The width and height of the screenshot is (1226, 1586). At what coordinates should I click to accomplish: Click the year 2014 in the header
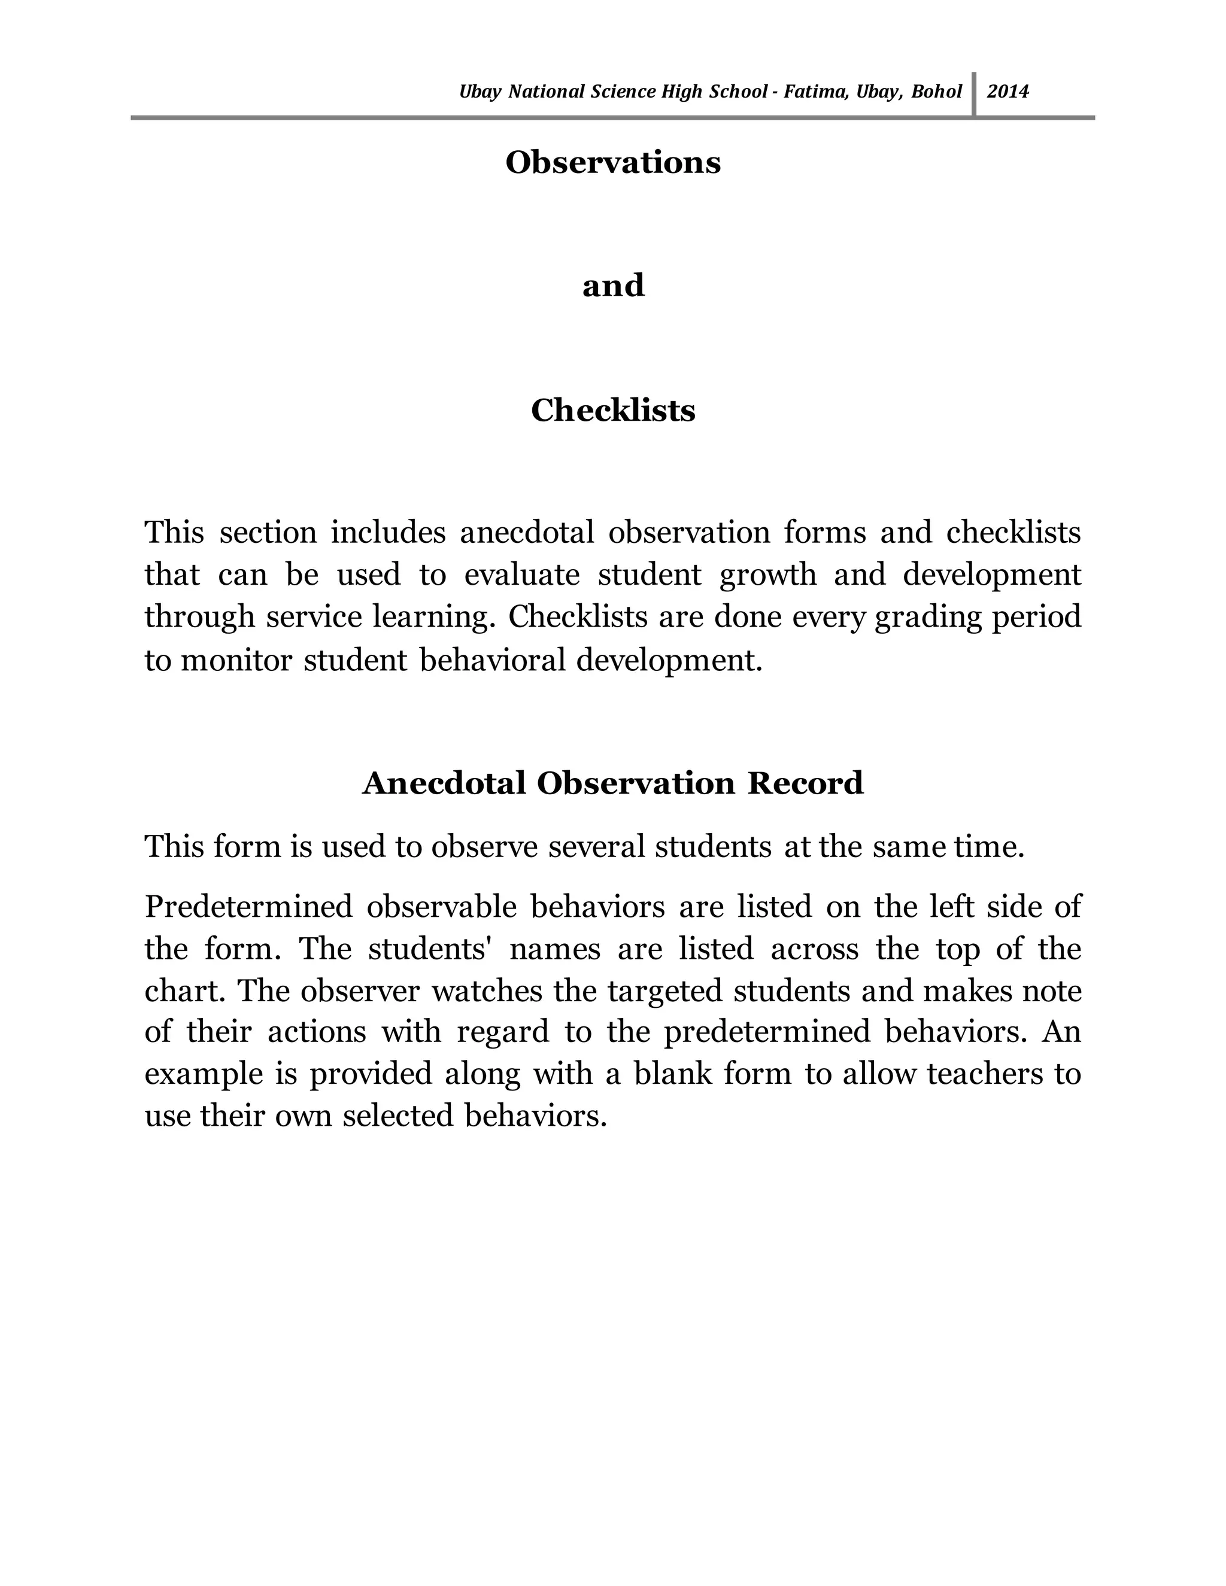coord(1007,92)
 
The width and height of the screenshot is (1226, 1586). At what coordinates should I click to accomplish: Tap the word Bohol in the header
coord(936,92)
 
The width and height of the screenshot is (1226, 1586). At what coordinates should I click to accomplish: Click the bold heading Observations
coord(613,162)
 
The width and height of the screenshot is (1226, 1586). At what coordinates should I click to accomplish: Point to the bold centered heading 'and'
coord(613,285)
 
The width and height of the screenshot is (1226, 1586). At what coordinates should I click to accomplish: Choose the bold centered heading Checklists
coord(613,411)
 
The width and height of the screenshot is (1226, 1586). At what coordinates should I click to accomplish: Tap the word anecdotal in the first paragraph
coord(527,532)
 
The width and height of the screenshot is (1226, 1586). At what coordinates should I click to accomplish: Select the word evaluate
coord(521,575)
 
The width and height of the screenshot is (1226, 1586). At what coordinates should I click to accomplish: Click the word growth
coord(767,575)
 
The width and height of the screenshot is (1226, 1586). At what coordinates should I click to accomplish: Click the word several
coord(596,847)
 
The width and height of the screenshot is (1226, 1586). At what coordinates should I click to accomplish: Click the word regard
coord(503,1032)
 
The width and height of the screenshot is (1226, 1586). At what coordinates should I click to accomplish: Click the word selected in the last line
coord(397,1116)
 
